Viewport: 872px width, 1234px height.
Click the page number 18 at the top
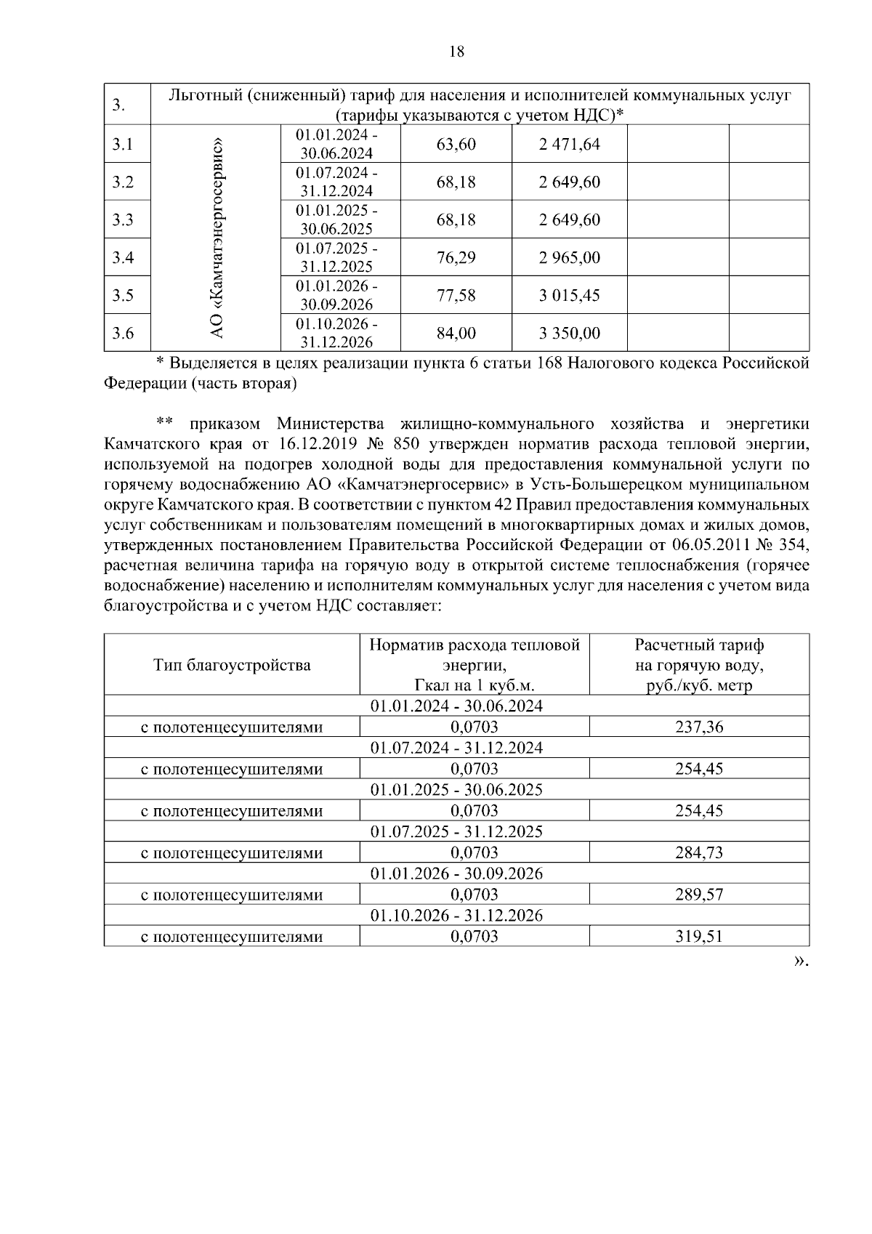tap(456, 52)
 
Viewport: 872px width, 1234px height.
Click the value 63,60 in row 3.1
tap(456, 145)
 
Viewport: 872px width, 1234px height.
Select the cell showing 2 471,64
tap(569, 145)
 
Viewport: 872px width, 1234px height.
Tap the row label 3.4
tap(123, 258)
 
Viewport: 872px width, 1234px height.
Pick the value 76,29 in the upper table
tap(456, 258)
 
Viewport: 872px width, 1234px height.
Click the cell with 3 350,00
tap(569, 334)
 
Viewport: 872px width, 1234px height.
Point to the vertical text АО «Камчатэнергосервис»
tap(216, 238)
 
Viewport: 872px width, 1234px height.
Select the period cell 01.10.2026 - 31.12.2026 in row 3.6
tap(336, 334)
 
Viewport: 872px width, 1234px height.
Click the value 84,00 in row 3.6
tap(456, 334)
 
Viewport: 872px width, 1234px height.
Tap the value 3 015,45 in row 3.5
tap(569, 296)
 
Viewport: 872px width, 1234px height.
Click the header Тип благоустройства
tap(232, 665)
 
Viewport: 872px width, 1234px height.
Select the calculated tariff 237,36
tap(698, 727)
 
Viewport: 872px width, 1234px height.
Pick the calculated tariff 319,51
tap(698, 937)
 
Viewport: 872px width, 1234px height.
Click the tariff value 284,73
tap(698, 853)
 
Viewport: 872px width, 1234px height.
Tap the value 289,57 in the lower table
tap(698, 895)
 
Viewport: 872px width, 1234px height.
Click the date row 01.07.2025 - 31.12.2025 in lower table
tap(456, 832)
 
